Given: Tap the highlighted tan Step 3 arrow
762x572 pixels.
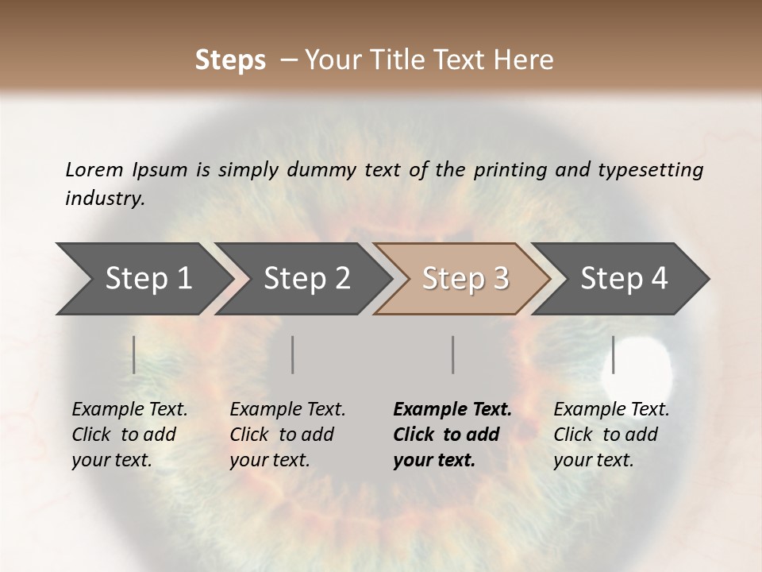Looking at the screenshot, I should coord(464,279).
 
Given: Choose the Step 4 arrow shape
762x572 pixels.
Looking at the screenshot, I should coord(622,279).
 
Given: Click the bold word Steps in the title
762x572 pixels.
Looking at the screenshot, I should coord(230,60).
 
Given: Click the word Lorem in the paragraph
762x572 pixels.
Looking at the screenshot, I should coord(94,169).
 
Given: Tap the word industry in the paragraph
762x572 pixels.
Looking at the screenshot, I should coord(104,198).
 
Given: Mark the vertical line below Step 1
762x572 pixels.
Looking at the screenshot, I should coord(134,354).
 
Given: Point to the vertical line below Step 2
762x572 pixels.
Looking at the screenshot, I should coord(293,354).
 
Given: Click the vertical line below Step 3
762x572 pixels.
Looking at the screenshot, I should coord(452,354).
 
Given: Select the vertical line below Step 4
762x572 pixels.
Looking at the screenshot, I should coord(613,354).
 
